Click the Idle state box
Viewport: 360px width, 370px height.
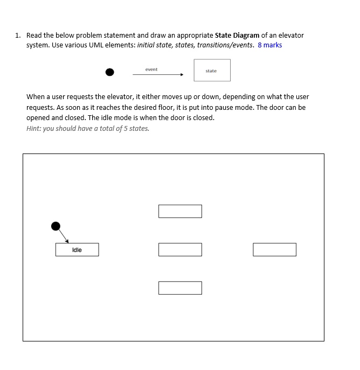coord(77,249)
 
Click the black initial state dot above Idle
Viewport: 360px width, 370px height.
coord(56,226)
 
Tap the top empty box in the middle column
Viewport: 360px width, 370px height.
coord(180,211)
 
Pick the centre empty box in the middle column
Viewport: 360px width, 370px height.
coord(180,249)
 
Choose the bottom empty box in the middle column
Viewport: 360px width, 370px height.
coord(180,288)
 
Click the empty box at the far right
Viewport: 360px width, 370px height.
coord(274,249)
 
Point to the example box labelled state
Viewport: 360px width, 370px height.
coord(212,71)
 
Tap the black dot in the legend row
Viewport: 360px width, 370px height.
coord(110,72)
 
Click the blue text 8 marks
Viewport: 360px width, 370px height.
coord(269,45)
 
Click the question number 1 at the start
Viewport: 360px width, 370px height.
coord(18,35)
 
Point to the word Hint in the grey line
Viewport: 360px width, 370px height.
coord(34,128)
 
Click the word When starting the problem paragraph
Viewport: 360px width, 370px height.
coord(36,97)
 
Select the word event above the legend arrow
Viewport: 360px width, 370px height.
coord(151,69)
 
